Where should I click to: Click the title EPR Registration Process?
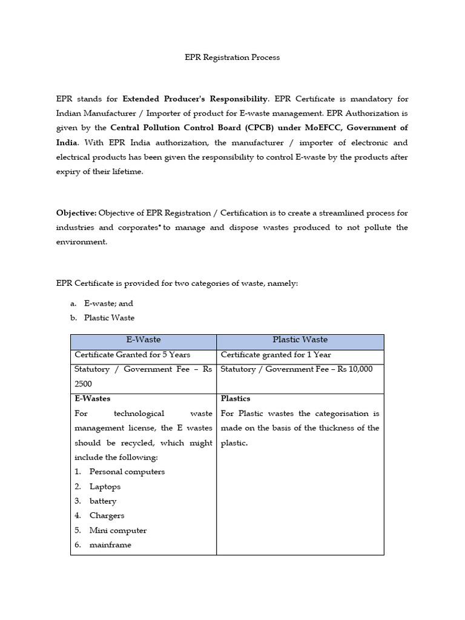coord(232,58)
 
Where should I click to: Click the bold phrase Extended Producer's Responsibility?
coord(195,98)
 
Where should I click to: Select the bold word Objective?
coord(76,213)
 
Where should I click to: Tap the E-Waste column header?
coord(143,340)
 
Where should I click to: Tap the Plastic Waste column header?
coord(300,340)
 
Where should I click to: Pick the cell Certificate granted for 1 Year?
coord(275,355)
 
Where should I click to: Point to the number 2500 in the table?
coord(83,384)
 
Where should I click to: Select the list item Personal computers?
coord(127,472)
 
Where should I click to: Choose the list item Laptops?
coord(105,486)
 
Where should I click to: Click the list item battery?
coord(102,501)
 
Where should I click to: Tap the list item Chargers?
coord(107,515)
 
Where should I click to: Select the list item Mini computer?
coord(117,530)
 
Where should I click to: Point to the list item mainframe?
coord(110,545)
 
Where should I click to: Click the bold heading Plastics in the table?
coord(236,398)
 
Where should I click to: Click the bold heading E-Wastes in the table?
coord(92,398)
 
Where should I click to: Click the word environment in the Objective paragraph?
coord(81,242)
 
